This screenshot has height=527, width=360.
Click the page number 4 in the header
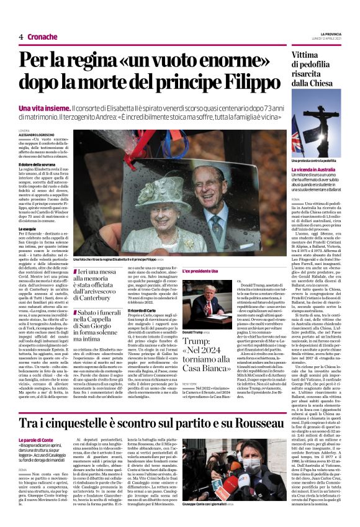pyautogui.click(x=20, y=37)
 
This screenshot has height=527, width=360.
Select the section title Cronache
pyautogui.click(x=42, y=37)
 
